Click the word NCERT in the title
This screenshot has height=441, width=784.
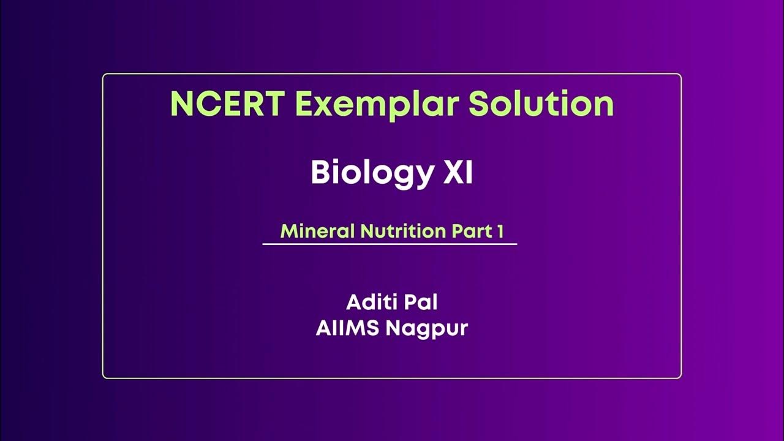(x=226, y=104)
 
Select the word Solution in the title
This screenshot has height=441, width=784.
(x=541, y=104)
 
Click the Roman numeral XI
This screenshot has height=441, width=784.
(x=458, y=173)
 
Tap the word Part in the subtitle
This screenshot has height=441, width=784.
(x=472, y=231)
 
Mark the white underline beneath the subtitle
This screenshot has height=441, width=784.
(x=390, y=244)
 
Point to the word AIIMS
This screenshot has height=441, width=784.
(x=348, y=328)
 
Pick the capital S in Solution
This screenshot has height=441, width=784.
(x=481, y=104)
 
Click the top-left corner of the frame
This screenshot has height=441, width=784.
(x=104, y=75)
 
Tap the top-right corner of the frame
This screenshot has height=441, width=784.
(x=680, y=75)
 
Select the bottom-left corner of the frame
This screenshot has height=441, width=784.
(x=104, y=377)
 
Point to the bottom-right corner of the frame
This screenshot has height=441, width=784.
(x=680, y=377)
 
